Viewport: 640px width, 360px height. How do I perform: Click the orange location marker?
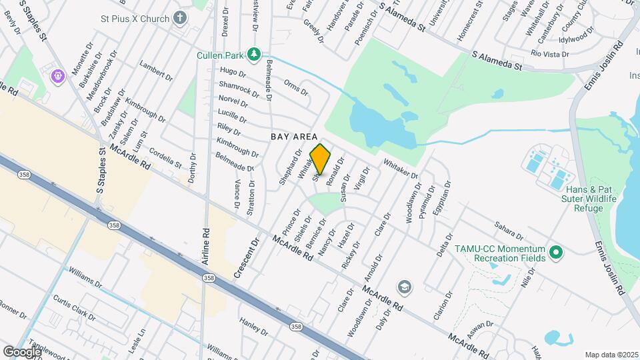point(321,159)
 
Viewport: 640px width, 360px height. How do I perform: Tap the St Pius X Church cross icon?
point(180,19)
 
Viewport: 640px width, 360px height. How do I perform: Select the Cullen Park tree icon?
point(253,53)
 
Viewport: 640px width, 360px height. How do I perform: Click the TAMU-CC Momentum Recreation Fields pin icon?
point(555,253)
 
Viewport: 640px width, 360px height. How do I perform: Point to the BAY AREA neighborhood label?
point(293,136)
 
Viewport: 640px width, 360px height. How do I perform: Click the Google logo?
point(21,351)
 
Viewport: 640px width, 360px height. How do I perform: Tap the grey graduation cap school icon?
point(403,287)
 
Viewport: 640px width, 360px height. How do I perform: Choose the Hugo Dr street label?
point(233,71)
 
